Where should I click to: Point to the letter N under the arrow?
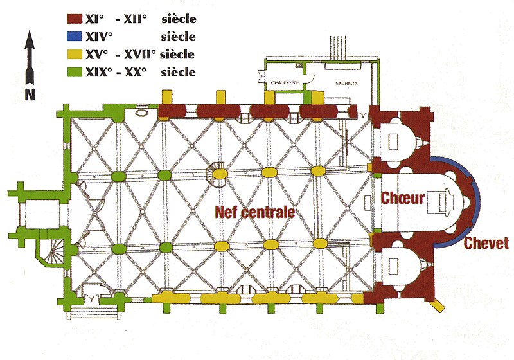click(29, 93)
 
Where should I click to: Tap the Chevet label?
click(486, 243)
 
